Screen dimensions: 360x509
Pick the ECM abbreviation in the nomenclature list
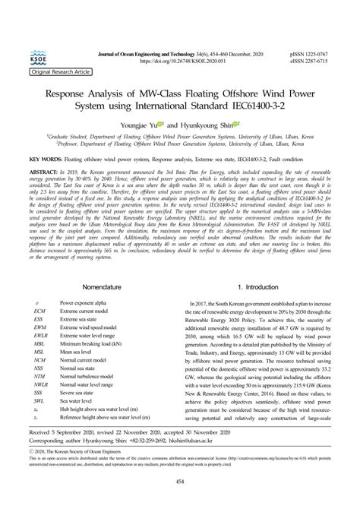click(39, 311)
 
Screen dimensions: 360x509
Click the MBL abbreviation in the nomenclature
click(39, 343)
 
